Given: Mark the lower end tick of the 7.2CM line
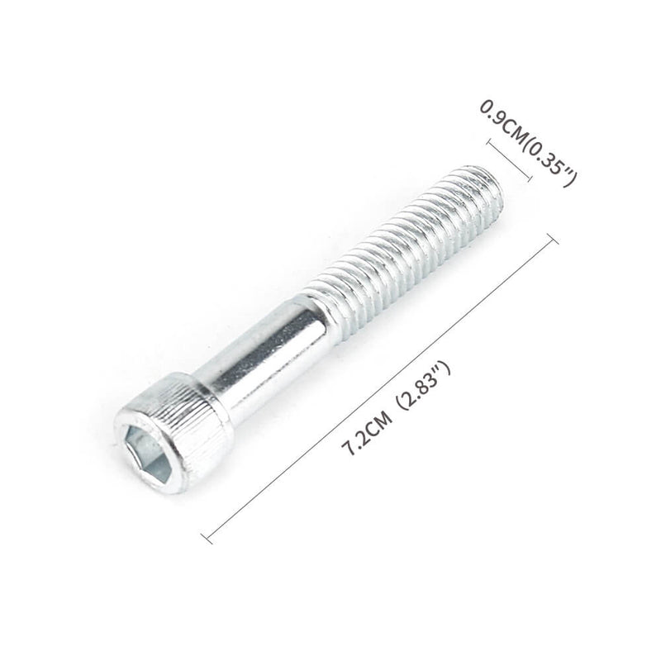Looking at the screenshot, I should pos(207,536).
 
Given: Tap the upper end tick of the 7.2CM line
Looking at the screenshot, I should pos(553,239).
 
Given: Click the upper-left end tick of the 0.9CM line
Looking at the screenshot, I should pos(490,142).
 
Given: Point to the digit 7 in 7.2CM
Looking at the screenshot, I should pos(349,449).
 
